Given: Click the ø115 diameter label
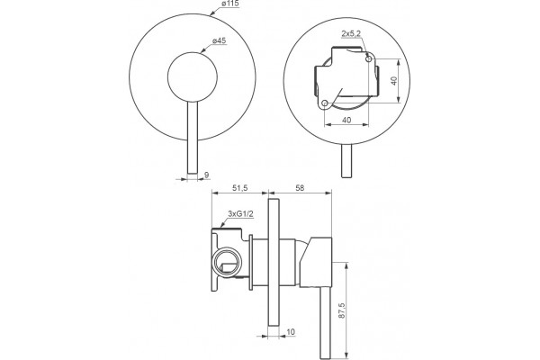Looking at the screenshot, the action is tap(230, 4).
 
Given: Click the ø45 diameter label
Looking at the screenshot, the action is tap(219, 40).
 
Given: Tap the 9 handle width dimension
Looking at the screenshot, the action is tap(207, 175).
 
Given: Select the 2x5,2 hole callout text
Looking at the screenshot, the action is tap(351, 34).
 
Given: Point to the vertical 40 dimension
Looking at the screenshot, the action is tap(394, 81).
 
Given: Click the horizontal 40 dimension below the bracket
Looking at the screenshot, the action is tap(346, 120).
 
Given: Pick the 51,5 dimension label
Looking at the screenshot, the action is tap(240, 188).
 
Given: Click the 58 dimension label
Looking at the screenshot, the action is tap(300, 188).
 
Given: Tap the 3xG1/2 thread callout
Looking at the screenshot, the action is tap(240, 214).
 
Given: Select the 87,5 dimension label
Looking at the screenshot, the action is tap(341, 311).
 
